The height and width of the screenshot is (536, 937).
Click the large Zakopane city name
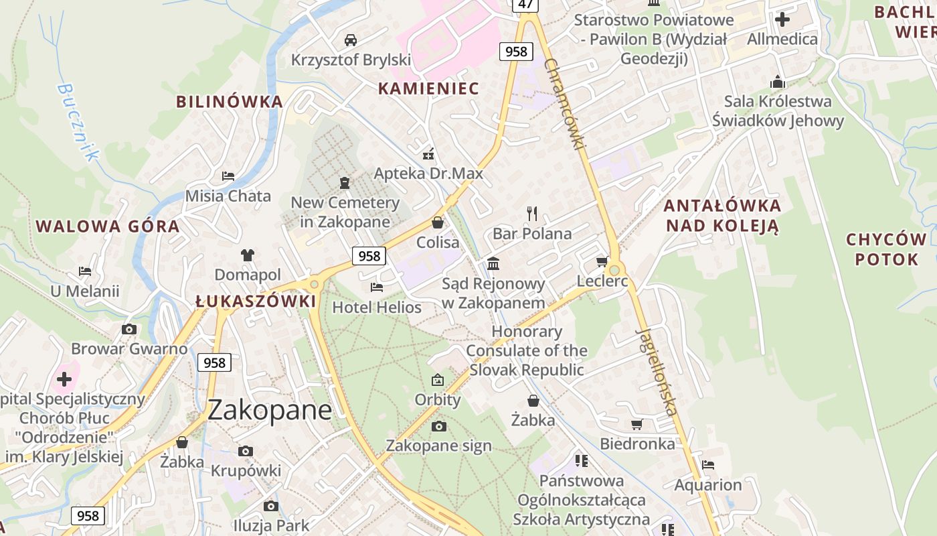[269, 410]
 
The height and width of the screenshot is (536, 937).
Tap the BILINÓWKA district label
[230, 102]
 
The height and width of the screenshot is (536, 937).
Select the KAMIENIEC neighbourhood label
[428, 88]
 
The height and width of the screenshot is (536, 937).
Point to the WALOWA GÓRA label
[108, 226]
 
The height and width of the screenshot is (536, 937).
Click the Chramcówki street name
[565, 104]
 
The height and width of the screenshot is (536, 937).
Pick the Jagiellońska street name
[657, 372]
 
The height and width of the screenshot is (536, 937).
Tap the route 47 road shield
[526, 5]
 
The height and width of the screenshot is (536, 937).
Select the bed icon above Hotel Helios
[377, 287]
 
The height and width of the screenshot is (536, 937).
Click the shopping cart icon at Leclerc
[602, 261]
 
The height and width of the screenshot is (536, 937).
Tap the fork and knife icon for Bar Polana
[532, 214]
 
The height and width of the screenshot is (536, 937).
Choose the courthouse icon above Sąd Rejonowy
[493, 263]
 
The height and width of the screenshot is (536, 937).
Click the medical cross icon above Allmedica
[782, 19]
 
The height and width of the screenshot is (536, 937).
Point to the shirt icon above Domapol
[248, 255]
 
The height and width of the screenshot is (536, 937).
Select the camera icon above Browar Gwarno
[129, 329]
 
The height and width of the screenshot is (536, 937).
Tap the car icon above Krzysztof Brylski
[350, 40]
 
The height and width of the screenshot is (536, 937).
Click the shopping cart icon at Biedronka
[636, 424]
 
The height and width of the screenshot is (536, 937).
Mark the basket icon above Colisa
[438, 222]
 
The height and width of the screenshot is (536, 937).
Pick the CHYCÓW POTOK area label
[886, 249]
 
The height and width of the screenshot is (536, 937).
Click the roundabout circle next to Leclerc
[614, 269]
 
